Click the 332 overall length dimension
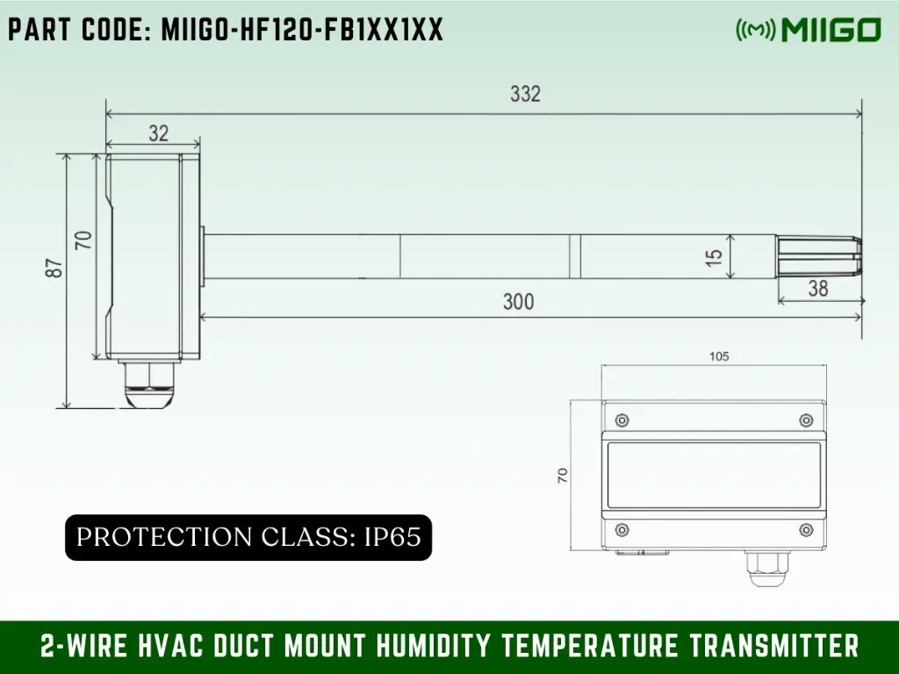point(525,94)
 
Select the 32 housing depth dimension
point(158,133)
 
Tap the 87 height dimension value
point(54,268)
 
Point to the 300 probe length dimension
point(518,302)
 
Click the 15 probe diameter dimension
point(715,257)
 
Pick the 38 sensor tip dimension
point(817,288)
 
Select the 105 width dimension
point(718,356)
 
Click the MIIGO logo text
point(829,31)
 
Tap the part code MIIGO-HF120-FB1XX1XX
point(225,31)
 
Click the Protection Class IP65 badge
point(248,537)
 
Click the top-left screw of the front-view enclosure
point(622,419)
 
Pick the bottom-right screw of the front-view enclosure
point(806,529)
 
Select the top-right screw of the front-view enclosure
point(806,419)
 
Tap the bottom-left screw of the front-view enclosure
point(622,529)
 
